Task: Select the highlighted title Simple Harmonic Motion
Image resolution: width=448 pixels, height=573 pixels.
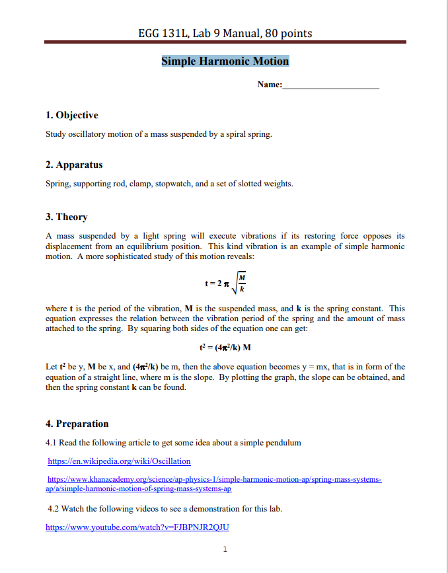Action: [x=225, y=61]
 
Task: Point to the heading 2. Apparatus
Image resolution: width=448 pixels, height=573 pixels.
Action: [x=74, y=165]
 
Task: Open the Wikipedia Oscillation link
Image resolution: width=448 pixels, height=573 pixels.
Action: [x=119, y=461]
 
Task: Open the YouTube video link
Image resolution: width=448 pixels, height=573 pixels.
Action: [x=137, y=527]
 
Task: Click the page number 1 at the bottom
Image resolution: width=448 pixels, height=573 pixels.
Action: [x=225, y=549]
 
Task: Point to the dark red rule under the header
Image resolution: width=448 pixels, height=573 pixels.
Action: [x=225, y=42]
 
